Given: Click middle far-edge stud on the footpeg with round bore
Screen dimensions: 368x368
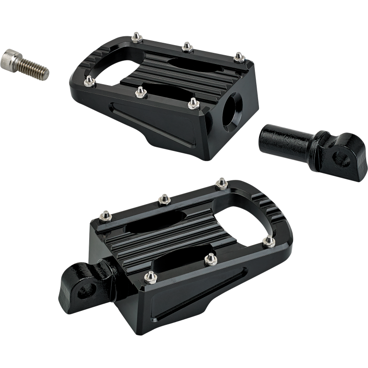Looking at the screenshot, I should click(x=186, y=46).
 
